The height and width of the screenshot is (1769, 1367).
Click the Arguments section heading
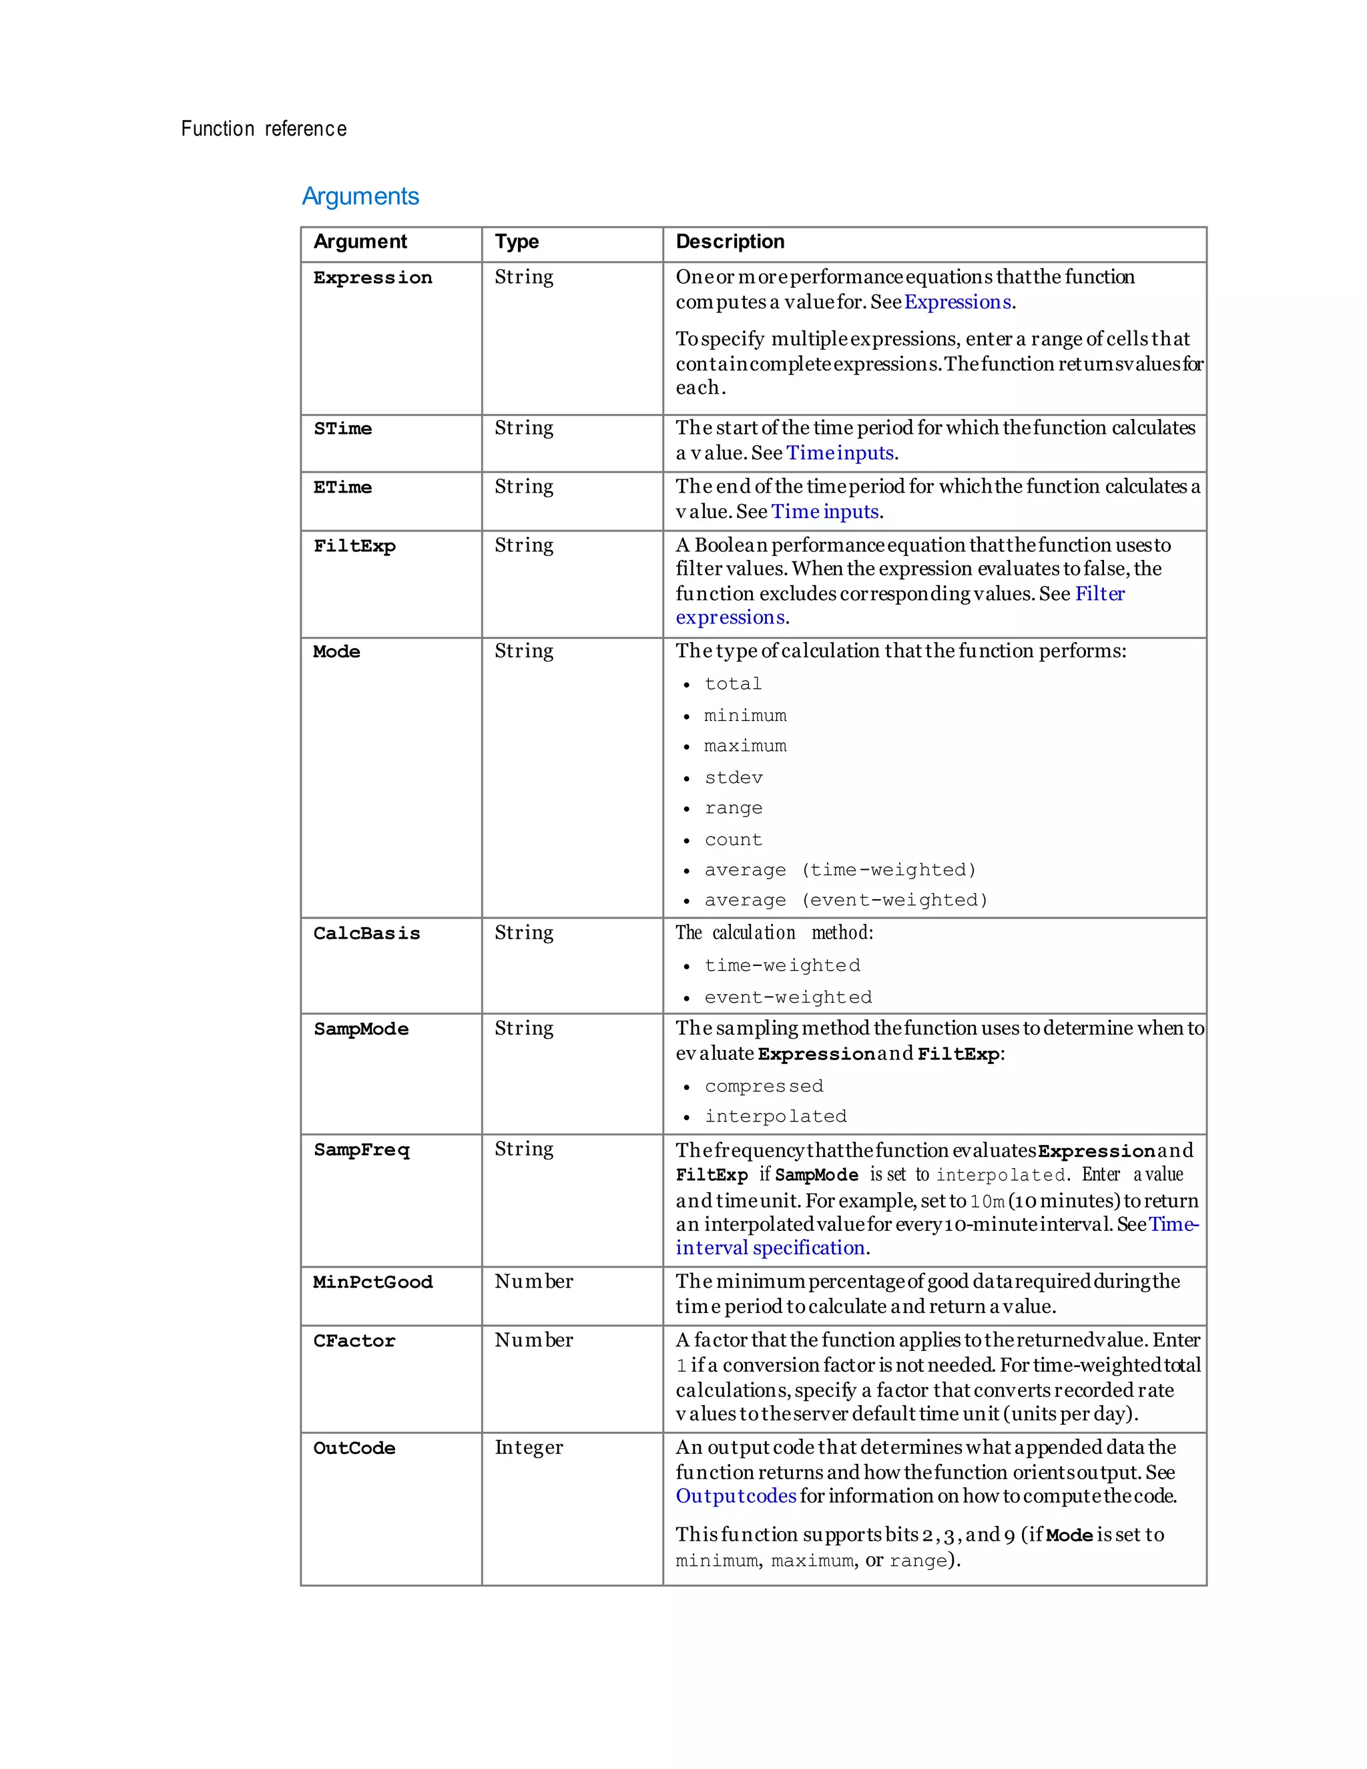(x=360, y=196)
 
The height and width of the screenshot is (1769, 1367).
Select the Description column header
(x=730, y=242)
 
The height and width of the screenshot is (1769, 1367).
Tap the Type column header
(x=517, y=242)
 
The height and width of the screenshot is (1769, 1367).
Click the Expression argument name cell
(x=372, y=278)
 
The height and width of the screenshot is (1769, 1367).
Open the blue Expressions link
(x=957, y=302)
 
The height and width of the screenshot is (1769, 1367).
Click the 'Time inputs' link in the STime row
(x=840, y=453)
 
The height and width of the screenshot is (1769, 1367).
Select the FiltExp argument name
(x=354, y=546)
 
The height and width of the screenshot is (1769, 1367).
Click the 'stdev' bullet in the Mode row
(x=733, y=778)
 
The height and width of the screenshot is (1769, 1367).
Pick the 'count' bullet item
(x=733, y=840)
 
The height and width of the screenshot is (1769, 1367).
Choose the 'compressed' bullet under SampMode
(x=763, y=1086)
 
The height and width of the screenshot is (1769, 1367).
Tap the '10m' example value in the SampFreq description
(x=987, y=1201)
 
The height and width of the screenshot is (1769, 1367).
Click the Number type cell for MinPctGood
(x=534, y=1282)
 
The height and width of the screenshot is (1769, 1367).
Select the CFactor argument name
(x=354, y=1340)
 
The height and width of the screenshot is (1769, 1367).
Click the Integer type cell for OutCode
(x=528, y=1447)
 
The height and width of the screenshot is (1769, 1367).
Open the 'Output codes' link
(x=736, y=1496)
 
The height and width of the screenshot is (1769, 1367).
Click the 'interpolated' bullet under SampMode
(x=775, y=1116)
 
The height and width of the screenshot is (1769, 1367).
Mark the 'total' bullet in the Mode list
(x=733, y=684)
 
